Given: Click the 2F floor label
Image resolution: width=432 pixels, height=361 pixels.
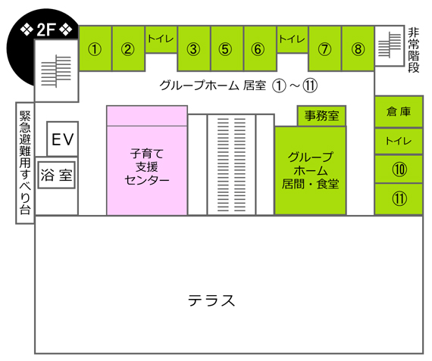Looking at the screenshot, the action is [46, 30].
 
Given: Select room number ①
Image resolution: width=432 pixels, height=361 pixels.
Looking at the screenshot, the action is [95, 49].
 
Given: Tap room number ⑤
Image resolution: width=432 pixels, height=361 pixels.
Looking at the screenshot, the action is [225, 49].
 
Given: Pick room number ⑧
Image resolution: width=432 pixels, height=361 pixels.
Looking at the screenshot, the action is [358, 49].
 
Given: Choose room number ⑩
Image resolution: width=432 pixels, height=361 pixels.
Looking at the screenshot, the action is [399, 170].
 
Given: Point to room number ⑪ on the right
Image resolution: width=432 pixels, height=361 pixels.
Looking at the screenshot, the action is [399, 198].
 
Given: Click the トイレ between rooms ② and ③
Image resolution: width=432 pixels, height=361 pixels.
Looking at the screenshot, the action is [161, 39].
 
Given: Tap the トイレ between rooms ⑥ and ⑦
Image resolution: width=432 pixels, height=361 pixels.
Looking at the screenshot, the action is [292, 39].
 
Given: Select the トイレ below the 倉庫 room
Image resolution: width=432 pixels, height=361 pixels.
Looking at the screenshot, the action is [399, 141].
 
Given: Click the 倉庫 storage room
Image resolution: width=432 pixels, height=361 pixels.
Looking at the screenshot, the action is [399, 111].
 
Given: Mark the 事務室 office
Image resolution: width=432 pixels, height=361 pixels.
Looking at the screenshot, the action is [321, 116].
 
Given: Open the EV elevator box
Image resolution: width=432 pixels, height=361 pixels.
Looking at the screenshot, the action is [63, 139].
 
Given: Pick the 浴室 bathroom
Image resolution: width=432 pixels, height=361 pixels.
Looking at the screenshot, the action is [57, 175].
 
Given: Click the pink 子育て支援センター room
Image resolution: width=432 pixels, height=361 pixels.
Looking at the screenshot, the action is [147, 160].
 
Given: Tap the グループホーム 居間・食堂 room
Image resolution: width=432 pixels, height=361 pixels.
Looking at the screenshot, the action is [310, 170].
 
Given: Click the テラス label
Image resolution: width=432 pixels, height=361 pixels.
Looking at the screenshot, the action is [211, 300].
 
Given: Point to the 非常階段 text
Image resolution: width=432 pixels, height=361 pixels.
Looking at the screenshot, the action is [413, 50].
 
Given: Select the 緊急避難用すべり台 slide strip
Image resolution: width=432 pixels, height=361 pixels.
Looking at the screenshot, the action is [25, 163].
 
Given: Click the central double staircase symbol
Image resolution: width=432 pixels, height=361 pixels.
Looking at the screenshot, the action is [231, 164].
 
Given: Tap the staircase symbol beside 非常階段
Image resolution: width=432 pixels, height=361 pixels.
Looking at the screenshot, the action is [390, 45].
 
